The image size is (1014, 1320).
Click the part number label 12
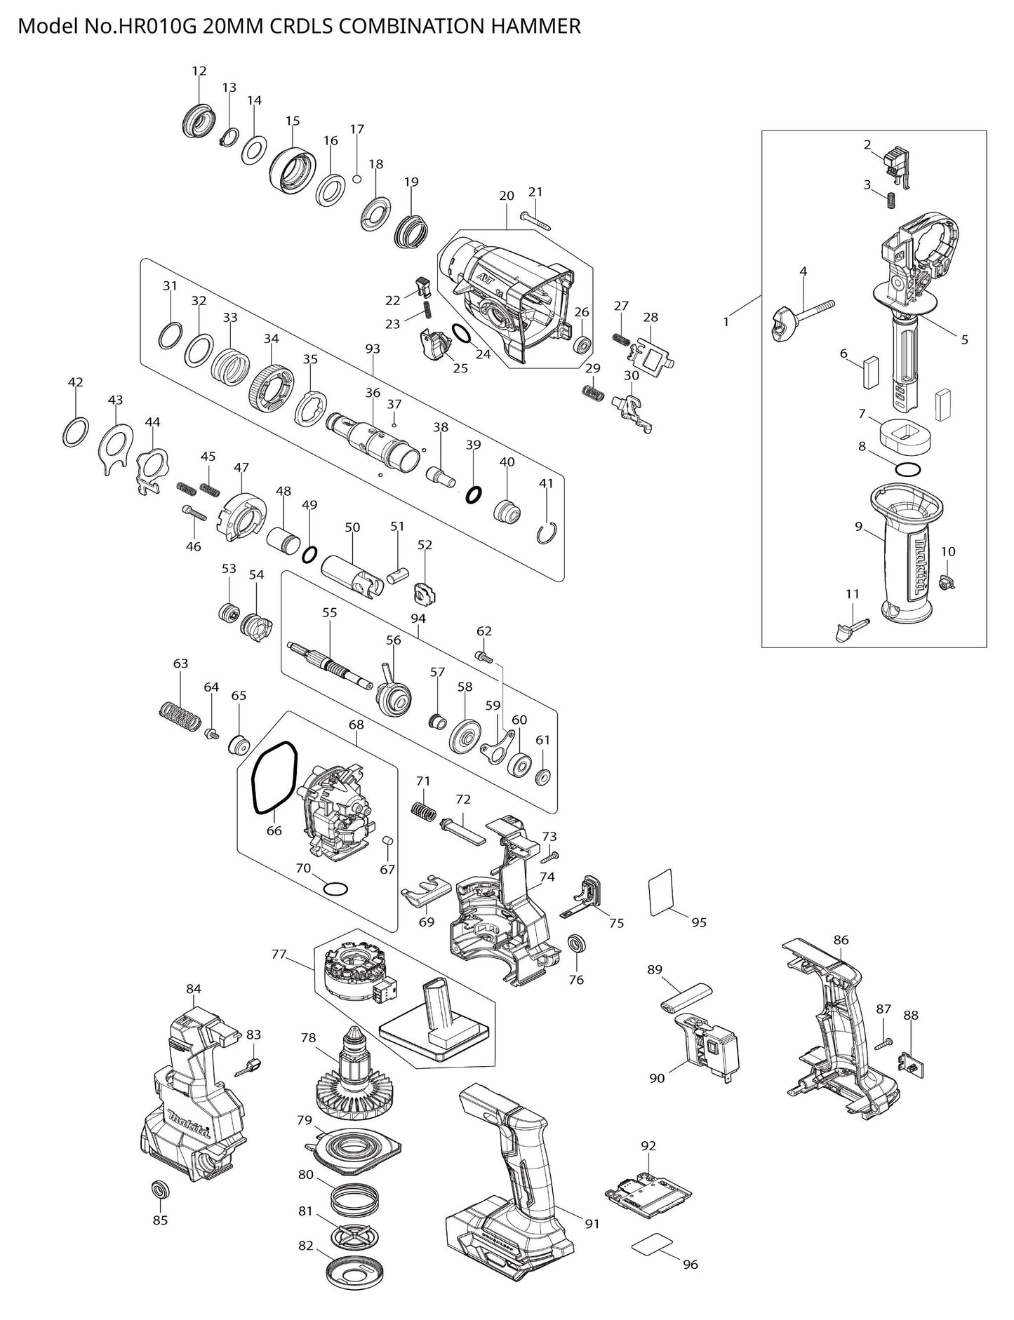199,71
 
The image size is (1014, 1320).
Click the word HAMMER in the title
539,26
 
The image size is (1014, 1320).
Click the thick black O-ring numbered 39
474,494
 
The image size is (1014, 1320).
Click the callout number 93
373,349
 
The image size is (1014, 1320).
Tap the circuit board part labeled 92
648,1192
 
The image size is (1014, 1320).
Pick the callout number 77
279,954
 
